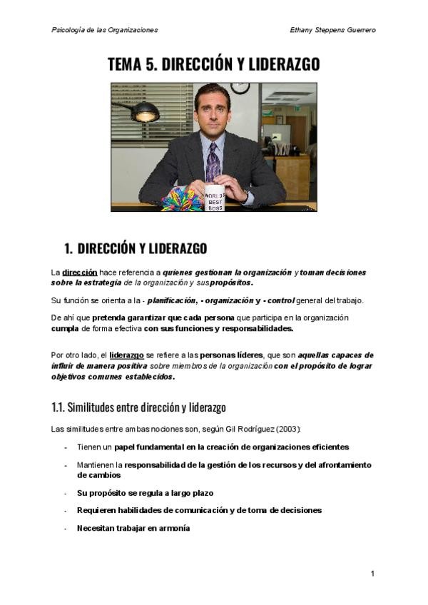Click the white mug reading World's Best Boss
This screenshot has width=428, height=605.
pyautogui.click(x=215, y=198)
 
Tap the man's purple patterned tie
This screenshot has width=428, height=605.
pyautogui.click(x=213, y=163)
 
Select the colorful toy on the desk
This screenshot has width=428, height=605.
pyautogui.click(x=181, y=198)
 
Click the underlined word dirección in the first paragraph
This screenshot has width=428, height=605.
pyautogui.click(x=79, y=272)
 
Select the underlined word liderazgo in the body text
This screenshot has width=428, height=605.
pyautogui.click(x=127, y=355)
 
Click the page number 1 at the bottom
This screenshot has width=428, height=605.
pyautogui.click(x=372, y=574)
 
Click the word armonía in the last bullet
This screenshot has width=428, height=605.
pyautogui.click(x=175, y=528)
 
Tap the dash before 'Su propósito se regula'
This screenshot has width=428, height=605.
pyautogui.click(x=66, y=493)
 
